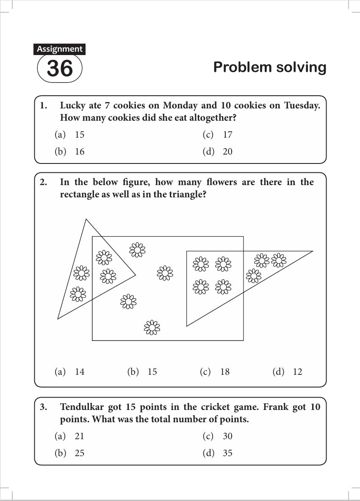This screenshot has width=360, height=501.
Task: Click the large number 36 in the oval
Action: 60,69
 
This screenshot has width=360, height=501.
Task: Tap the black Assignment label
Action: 59,49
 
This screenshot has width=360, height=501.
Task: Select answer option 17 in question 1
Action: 227,135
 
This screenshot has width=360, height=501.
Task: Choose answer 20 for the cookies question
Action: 227,152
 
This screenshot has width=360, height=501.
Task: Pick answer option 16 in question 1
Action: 80,152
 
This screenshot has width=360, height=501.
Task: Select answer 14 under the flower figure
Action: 80,372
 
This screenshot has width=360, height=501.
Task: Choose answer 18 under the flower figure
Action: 225,372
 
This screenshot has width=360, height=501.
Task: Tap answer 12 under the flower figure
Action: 297,372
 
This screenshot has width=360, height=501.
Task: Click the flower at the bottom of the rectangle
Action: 152,327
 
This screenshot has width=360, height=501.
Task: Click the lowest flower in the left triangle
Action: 78,294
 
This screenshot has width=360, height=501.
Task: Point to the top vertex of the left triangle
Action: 86,219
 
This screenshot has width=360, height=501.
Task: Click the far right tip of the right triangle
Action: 313,252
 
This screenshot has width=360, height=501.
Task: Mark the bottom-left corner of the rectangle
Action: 92,340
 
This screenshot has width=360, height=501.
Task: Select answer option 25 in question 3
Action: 80,453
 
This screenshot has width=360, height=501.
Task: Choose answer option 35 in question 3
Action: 227,453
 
